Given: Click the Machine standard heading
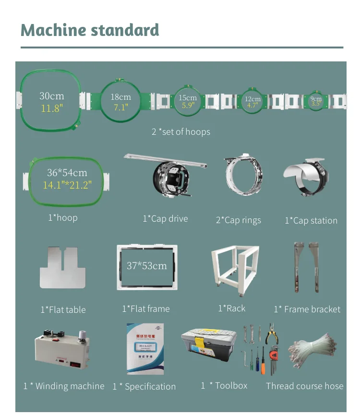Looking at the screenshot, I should click(x=90, y=30).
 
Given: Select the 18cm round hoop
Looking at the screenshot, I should click(x=121, y=102).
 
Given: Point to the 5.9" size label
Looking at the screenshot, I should click(x=188, y=106).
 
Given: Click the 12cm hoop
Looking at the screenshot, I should click(x=252, y=101).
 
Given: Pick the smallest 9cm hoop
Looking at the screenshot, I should click(x=316, y=101).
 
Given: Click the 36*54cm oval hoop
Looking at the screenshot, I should click(x=67, y=179).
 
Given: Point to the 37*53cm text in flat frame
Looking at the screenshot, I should click(x=147, y=265).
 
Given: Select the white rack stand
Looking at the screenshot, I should click(x=235, y=266).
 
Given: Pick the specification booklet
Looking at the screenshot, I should click(x=145, y=348).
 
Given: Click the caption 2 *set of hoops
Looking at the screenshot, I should click(x=181, y=131).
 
